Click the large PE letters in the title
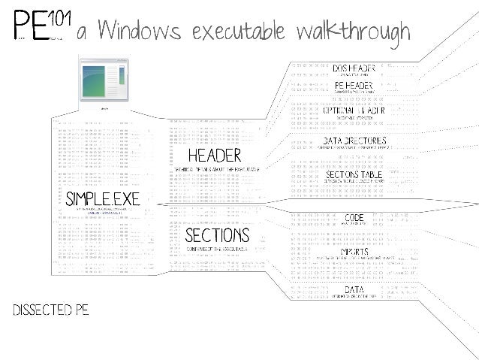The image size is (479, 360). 29,27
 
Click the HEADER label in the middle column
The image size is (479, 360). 215,156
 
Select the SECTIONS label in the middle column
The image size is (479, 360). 217,236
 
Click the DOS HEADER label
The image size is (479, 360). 354,68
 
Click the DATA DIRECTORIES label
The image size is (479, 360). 354,141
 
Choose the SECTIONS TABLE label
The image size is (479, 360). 354,174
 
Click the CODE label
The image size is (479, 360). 354,218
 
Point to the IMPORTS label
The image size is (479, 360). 354,252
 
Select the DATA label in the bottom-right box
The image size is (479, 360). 354,289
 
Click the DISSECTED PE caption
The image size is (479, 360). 50,311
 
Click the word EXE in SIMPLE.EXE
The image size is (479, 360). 123,199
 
